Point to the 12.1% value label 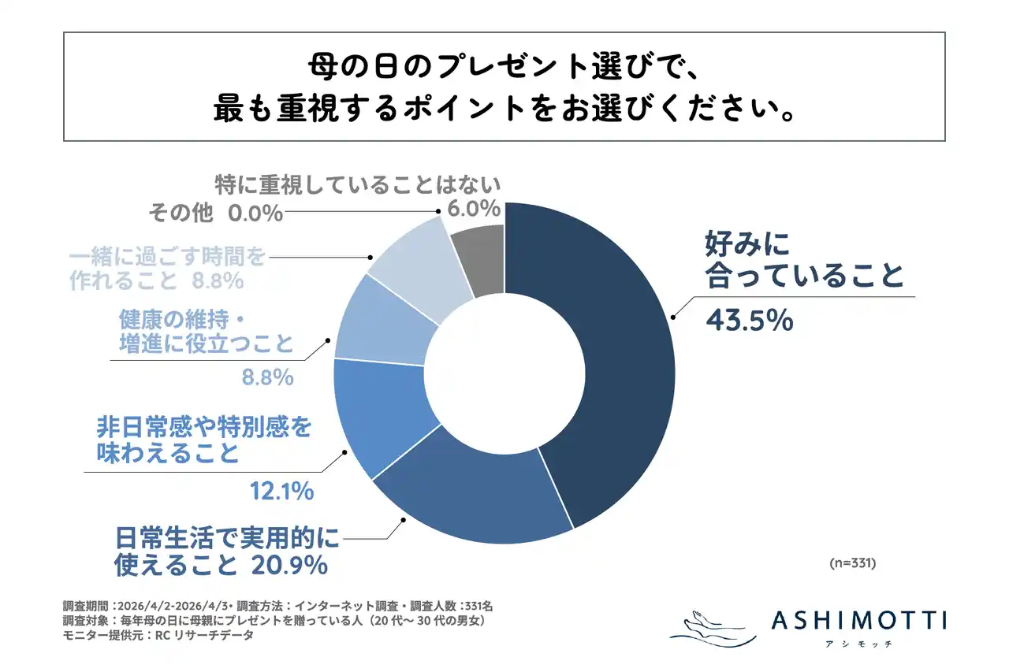pyautogui.click(x=282, y=492)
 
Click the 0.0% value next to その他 pyautogui.click(x=254, y=213)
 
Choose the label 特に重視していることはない pyautogui.click(x=359, y=185)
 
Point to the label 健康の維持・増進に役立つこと pyautogui.click(x=207, y=331)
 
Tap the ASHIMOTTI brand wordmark pyautogui.click(x=858, y=620)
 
